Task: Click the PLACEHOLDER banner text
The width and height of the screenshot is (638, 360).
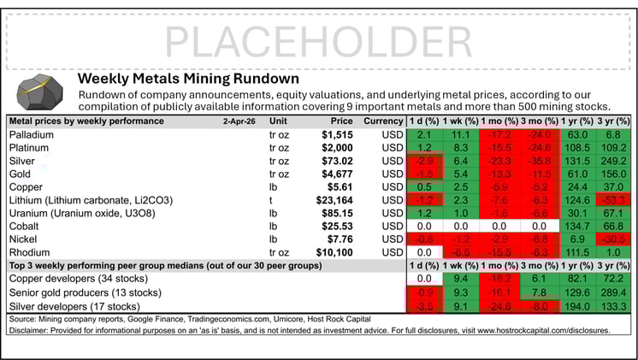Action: [x=318, y=39]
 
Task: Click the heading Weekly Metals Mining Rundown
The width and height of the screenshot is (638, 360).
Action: [x=188, y=78]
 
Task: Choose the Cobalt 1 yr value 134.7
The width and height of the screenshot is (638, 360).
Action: [x=570, y=227]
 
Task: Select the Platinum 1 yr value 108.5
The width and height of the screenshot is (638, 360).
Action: [x=570, y=148]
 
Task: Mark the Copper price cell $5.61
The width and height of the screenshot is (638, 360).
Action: [x=337, y=187]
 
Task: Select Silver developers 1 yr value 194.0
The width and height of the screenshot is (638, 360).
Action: [x=570, y=306]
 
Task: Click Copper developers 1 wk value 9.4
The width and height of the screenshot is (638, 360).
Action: [x=459, y=280]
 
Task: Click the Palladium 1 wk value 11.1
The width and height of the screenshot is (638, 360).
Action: [x=459, y=135]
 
